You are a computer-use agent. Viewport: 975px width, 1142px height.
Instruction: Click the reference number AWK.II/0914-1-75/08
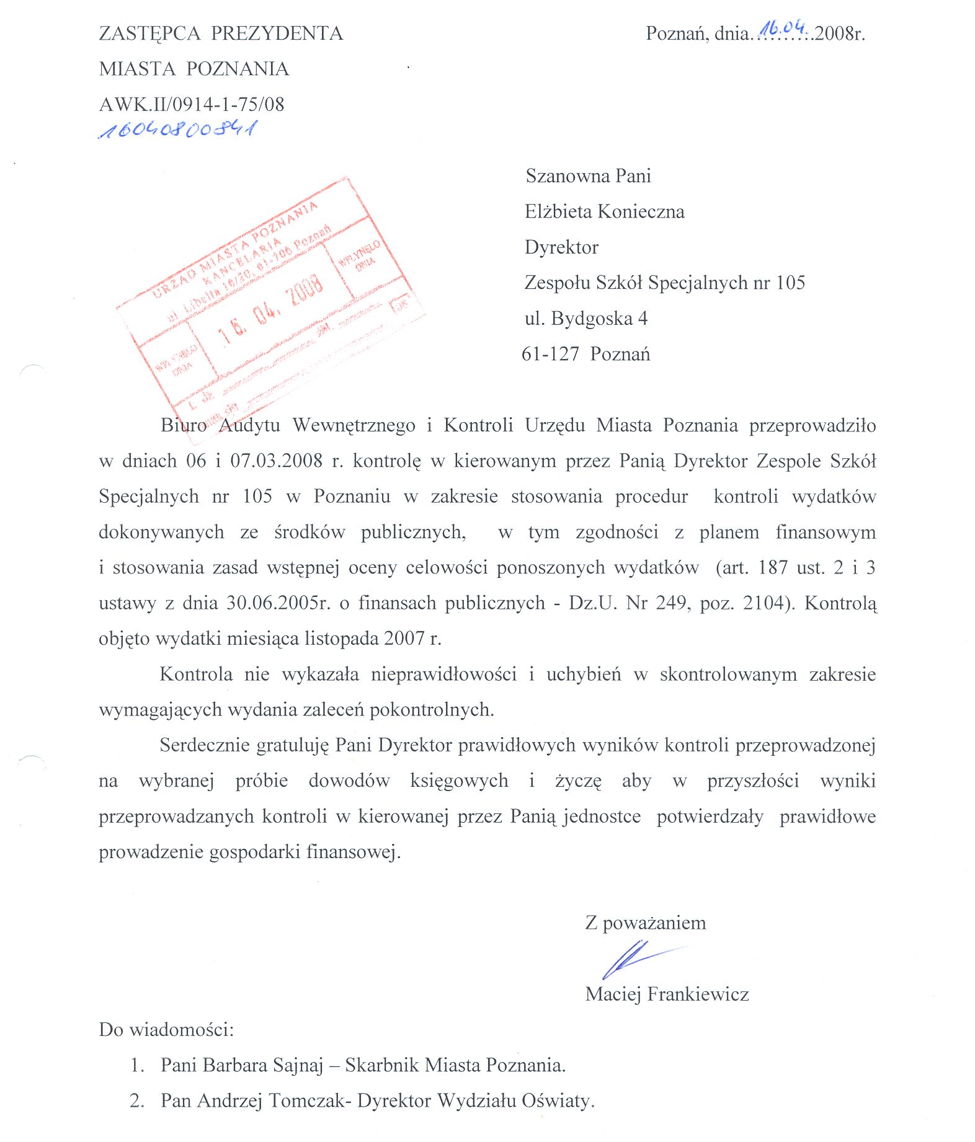192,104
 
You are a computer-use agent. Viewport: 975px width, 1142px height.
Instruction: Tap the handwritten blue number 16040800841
178,130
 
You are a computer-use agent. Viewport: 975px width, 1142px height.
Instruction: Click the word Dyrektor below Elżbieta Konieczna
561,247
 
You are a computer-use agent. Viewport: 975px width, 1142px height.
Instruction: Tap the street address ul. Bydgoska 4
585,319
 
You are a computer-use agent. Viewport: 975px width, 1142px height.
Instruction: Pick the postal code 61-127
550,354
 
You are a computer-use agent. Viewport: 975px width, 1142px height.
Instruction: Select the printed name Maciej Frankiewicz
667,994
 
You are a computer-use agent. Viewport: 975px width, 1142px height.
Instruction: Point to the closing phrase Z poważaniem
645,923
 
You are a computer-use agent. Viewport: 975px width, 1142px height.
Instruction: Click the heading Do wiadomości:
166,1030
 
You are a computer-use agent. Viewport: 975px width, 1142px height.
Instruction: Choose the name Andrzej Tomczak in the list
268,1100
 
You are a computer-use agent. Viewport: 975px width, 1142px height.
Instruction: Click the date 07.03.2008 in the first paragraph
277,461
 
